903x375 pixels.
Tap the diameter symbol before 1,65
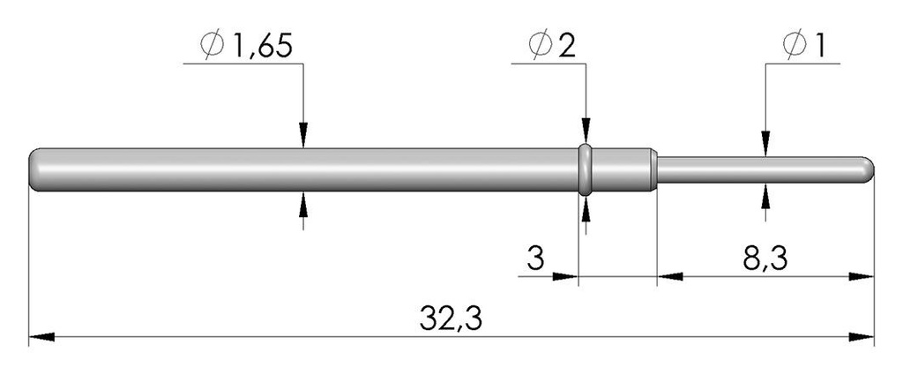click(x=212, y=46)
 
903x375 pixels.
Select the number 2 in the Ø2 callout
click(x=566, y=46)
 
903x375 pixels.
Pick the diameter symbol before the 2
click(x=540, y=46)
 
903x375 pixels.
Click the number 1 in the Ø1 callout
click(x=817, y=46)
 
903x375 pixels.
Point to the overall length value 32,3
click(x=451, y=319)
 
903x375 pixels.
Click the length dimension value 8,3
click(x=765, y=259)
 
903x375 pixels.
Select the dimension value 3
click(x=535, y=259)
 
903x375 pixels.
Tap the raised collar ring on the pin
click(x=586, y=170)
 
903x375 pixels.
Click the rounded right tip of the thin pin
click(x=869, y=169)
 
